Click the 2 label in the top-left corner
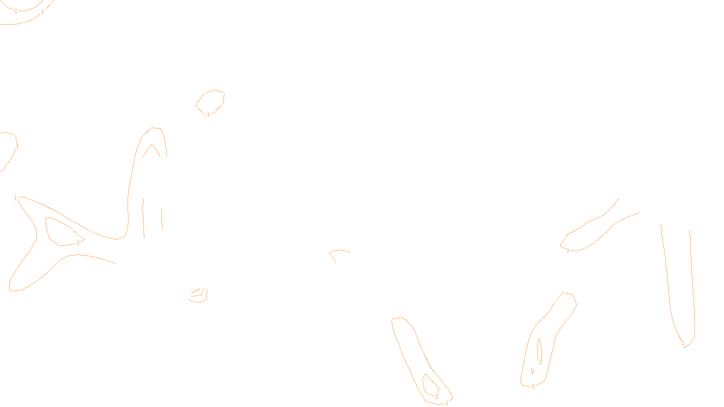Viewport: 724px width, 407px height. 16,11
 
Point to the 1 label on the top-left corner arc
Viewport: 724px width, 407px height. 43,12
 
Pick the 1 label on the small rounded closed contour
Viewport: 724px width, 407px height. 208,114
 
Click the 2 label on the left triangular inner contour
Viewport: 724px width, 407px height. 78,243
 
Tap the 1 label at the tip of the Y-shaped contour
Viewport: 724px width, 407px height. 15,198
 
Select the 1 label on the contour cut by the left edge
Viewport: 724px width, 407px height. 17,146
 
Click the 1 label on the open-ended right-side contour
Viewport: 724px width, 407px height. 568,250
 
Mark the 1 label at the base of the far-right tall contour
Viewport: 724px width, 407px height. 683,344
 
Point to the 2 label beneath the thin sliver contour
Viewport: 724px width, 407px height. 541,362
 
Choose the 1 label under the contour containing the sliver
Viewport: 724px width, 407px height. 533,387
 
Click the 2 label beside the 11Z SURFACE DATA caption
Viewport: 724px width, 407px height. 437,397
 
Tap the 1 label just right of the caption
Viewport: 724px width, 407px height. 447,402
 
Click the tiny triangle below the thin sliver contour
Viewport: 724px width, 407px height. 533,371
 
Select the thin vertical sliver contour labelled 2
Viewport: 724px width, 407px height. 539,349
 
